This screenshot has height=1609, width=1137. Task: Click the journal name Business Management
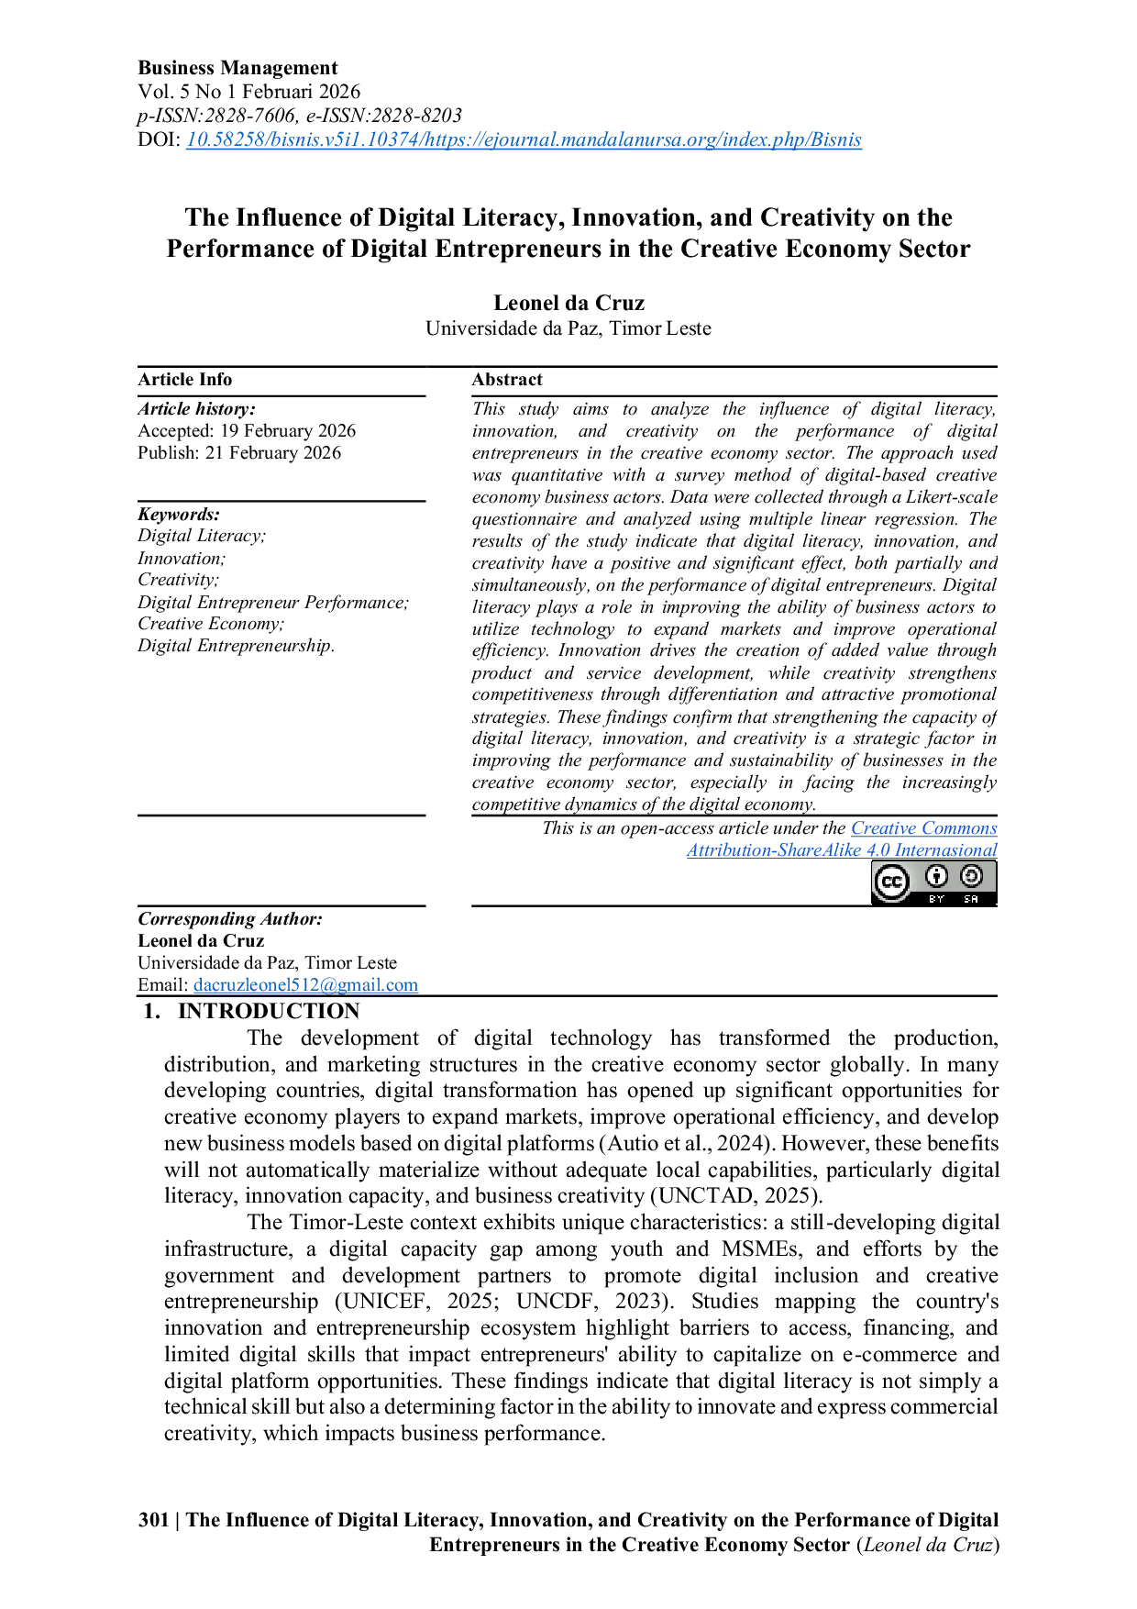(x=237, y=68)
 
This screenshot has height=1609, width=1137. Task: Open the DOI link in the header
(x=524, y=139)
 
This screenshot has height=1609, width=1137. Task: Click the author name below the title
(x=568, y=303)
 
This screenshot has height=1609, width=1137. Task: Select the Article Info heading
(x=184, y=380)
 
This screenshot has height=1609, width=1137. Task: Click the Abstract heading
(x=507, y=380)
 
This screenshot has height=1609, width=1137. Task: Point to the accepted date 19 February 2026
(x=288, y=431)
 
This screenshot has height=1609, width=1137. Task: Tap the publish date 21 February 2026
(x=273, y=453)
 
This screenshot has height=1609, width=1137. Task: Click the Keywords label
(x=179, y=515)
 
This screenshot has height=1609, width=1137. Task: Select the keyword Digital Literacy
(x=202, y=536)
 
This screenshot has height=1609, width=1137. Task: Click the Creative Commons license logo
(x=933, y=882)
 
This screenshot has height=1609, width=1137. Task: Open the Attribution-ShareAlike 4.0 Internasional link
(x=842, y=850)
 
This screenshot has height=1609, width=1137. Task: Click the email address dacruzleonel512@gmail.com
(x=305, y=985)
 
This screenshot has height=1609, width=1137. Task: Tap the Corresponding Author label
(x=230, y=919)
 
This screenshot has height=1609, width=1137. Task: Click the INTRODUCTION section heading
(x=269, y=1011)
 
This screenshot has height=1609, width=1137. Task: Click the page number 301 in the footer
(x=153, y=1520)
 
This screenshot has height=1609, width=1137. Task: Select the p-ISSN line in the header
(x=300, y=116)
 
